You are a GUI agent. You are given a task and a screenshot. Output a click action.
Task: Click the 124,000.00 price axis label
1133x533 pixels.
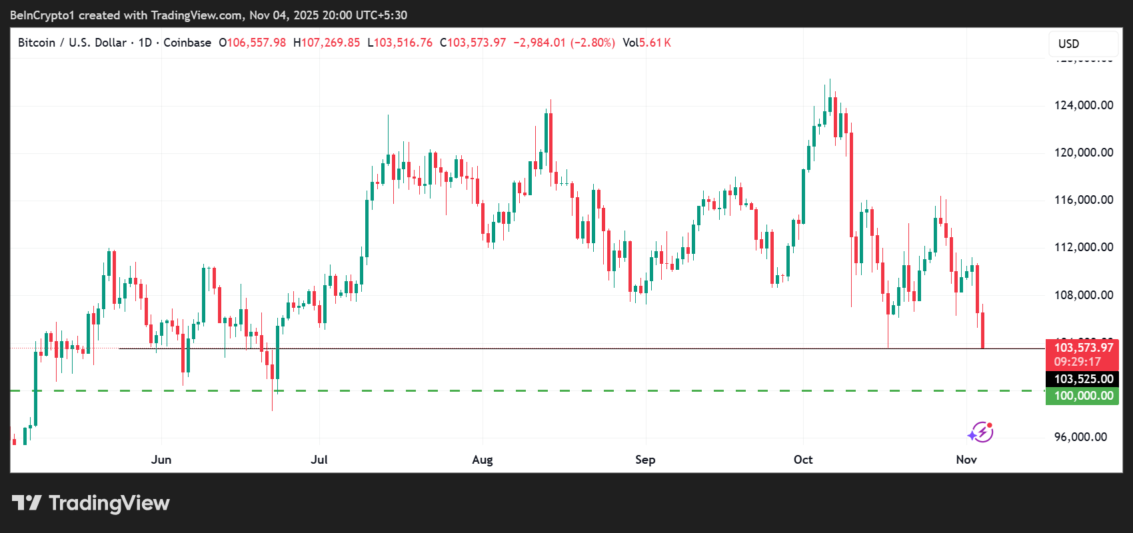1083,105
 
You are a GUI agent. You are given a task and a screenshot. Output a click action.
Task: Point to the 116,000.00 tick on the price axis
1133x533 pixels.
1083,200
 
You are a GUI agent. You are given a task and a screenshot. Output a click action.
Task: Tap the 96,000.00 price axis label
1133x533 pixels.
1080,437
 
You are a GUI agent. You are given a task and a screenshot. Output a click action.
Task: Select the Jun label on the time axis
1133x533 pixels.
161,460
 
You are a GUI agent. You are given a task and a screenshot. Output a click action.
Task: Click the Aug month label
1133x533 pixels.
483,460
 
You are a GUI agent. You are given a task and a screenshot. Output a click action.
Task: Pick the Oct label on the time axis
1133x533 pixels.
803,460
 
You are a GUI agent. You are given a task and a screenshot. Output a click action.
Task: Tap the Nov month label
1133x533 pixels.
966,460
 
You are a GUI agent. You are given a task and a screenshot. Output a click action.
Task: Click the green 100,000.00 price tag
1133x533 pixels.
1083,396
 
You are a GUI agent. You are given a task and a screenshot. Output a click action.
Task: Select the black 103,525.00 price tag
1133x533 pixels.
1083,379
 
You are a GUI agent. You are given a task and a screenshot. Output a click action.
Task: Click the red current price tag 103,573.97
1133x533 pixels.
1083,348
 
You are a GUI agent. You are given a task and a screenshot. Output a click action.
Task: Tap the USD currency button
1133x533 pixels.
1068,44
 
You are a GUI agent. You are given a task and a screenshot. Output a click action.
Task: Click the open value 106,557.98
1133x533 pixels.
257,43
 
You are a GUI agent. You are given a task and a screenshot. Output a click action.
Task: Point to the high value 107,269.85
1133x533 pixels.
331,43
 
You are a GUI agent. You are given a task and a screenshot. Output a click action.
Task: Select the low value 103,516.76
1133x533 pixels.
403,43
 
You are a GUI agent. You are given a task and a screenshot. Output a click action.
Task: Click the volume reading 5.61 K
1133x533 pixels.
655,43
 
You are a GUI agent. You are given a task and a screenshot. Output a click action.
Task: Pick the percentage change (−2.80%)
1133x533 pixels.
592,43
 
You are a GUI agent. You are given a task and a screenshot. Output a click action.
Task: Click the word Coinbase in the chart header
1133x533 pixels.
187,43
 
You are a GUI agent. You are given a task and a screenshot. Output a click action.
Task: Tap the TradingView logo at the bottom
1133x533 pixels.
91,503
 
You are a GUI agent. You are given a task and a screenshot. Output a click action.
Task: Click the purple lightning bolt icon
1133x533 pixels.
981,432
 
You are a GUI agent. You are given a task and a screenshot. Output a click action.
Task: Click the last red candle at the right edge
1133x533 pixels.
982,330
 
